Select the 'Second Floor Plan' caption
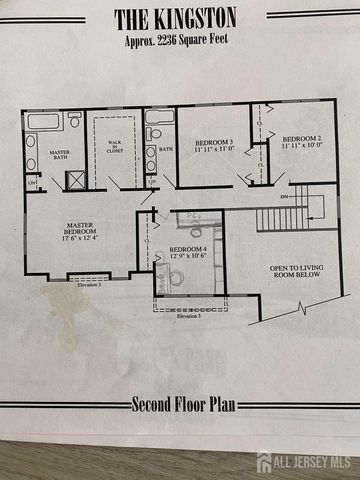point(180,405)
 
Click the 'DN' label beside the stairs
point(284,197)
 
